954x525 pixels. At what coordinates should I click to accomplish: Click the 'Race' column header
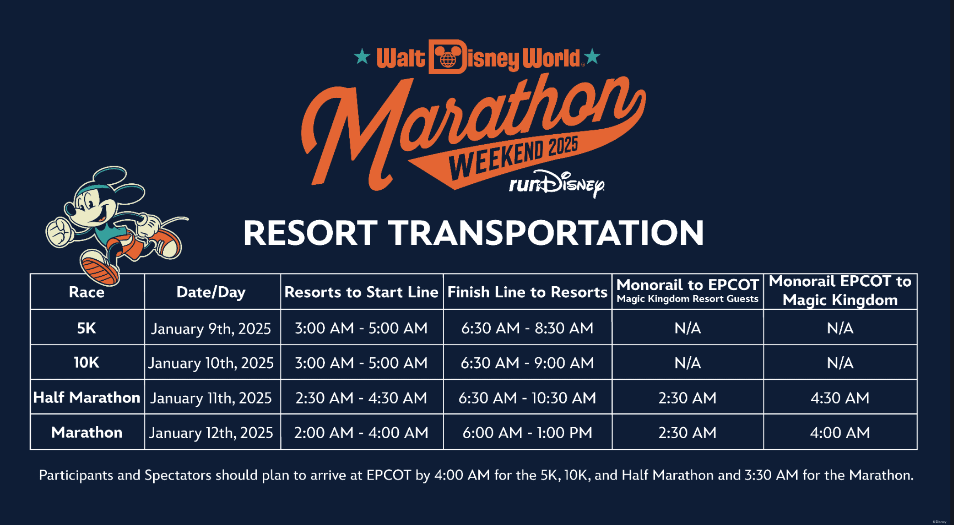pos(86,292)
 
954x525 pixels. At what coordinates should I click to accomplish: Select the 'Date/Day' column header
pos(211,292)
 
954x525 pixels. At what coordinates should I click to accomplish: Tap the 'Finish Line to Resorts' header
pos(527,292)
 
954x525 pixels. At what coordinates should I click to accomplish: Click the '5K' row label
pos(86,328)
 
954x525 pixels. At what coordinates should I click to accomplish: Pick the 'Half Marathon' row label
pos(86,398)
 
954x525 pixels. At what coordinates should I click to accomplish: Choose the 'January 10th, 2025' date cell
pos(211,363)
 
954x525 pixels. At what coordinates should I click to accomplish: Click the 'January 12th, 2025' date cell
pos(211,433)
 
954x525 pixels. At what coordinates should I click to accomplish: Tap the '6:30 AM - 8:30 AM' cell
pos(527,328)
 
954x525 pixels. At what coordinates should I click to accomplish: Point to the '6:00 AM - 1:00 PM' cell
pos(527,433)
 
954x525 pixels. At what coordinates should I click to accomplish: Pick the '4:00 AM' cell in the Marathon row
pos(840,433)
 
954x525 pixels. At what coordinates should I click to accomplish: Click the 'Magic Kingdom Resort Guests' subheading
pos(688,299)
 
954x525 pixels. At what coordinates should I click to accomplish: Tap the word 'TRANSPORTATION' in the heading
pos(548,233)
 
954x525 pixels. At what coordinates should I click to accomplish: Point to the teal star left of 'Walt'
pos(362,57)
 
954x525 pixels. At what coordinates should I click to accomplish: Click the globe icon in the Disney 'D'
pos(448,60)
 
